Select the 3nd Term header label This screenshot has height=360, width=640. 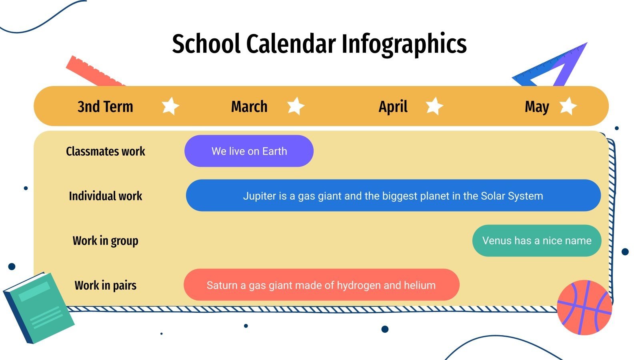coord(105,107)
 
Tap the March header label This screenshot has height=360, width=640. coord(249,107)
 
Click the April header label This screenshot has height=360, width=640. coord(393,107)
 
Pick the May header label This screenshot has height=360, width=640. coord(537,107)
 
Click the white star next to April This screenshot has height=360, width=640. coord(434,106)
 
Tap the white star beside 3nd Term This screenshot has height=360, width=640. coord(170,106)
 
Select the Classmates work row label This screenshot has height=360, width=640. coord(106,151)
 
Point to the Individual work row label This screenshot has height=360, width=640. coord(106,196)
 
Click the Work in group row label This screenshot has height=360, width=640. coord(106,241)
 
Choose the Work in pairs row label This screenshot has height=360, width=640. coord(106,286)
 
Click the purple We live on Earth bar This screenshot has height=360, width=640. coord(249,151)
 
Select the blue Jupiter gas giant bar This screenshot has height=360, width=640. coord(393,196)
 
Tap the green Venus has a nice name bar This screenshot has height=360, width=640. coord(537,240)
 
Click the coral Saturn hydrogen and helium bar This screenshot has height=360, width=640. coord(321,285)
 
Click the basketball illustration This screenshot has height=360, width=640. coord(584,307)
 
